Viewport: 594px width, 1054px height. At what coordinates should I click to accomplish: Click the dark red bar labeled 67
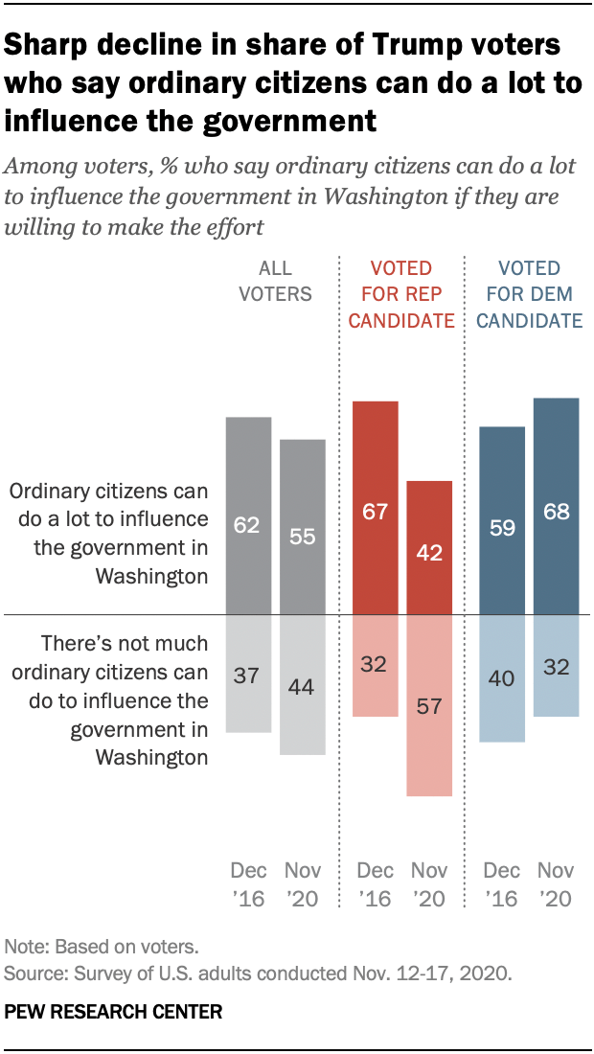(375, 507)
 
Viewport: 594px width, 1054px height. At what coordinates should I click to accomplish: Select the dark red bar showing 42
(429, 546)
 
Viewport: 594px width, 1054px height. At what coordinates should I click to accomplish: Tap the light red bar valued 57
(429, 704)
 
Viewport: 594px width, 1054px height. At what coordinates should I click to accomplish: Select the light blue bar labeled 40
(502, 677)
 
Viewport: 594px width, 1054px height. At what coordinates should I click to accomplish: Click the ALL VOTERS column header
(276, 281)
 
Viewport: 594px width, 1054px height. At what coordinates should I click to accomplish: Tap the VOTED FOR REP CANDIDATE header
(400, 294)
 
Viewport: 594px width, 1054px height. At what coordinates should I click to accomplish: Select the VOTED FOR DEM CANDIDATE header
(529, 294)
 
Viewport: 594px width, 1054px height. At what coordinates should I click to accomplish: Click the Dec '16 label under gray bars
(248, 884)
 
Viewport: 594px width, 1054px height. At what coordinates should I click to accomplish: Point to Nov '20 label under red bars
(429, 884)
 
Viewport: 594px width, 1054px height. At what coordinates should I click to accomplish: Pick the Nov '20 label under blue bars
(556, 884)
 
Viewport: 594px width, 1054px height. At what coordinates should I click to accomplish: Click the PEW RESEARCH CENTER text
(114, 1011)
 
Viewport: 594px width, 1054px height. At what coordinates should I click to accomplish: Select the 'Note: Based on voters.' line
(101, 947)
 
